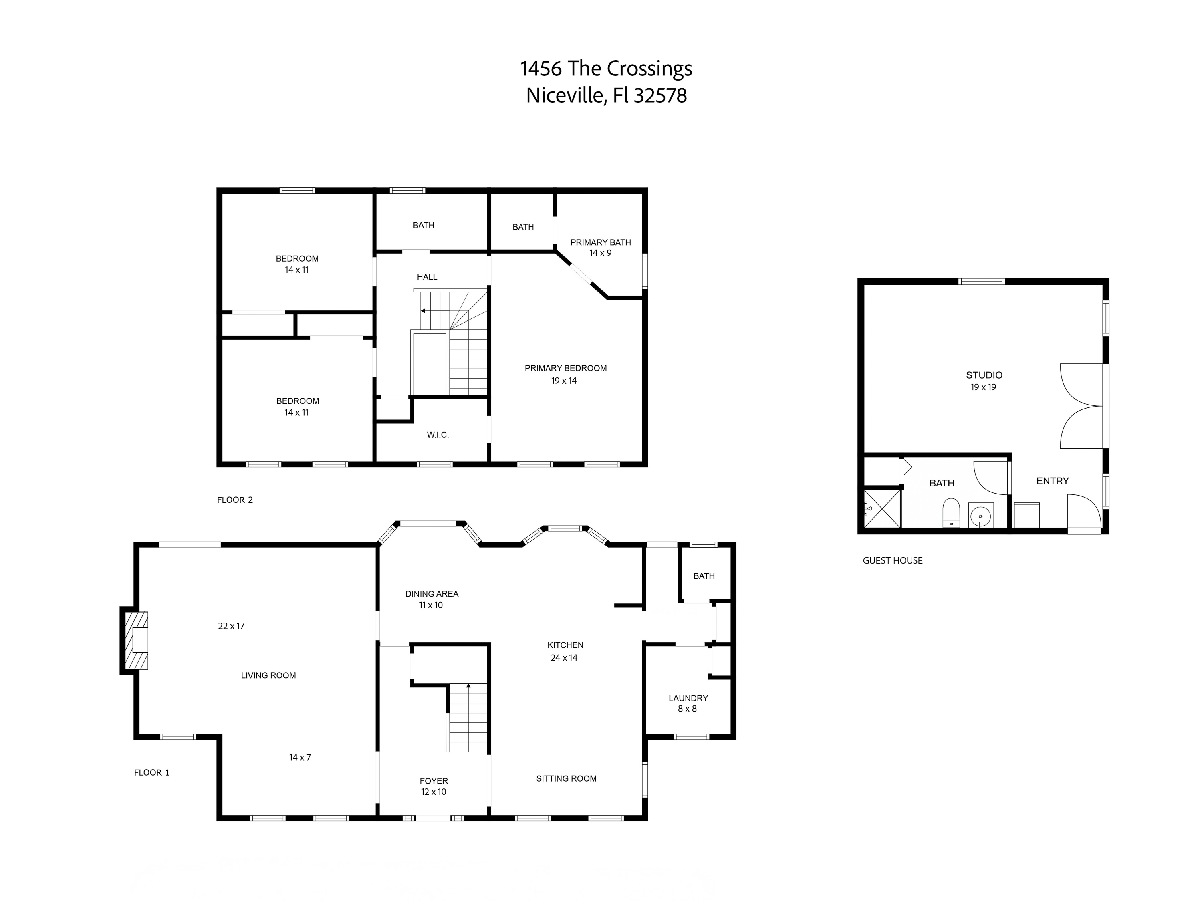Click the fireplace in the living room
click(136, 640)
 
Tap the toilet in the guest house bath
click(951, 513)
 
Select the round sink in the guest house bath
click(981, 515)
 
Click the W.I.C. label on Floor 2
click(438, 435)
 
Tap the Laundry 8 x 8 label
click(688, 703)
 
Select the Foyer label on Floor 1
click(434, 786)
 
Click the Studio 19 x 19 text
click(984, 381)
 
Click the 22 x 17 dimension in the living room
click(231, 626)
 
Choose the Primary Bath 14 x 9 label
click(601, 247)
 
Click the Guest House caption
click(892, 560)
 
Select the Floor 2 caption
click(235, 500)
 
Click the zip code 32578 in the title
click(660, 96)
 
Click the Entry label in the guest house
click(1052, 481)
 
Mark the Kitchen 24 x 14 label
click(565, 651)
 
